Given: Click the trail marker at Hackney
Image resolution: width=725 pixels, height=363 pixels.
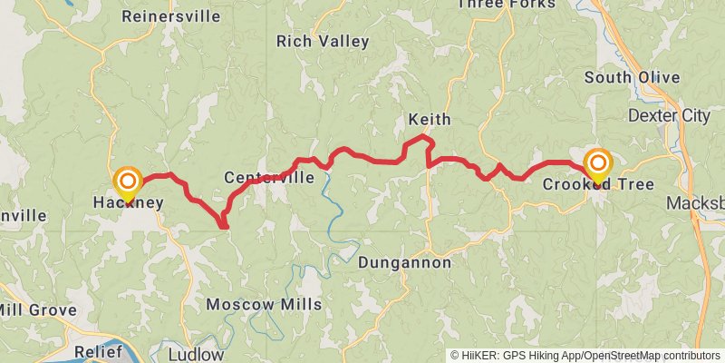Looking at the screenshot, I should click(128, 181).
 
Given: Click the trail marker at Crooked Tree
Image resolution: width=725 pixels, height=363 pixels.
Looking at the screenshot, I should click(598, 164).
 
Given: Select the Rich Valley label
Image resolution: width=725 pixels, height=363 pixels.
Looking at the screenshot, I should click(323, 42).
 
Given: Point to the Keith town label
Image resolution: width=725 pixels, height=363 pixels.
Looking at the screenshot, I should click(429, 120).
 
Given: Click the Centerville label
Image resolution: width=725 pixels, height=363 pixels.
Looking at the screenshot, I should click(269, 178).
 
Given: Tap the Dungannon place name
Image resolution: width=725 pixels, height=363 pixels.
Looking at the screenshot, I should click(404, 263).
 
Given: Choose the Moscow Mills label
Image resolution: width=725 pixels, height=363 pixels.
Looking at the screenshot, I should click(264, 305).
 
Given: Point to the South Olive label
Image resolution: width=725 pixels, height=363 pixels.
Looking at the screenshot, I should click(632, 78).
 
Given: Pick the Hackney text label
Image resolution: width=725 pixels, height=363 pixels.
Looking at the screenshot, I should click(128, 203).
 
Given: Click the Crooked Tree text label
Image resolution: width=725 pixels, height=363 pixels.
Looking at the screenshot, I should click(598, 185).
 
